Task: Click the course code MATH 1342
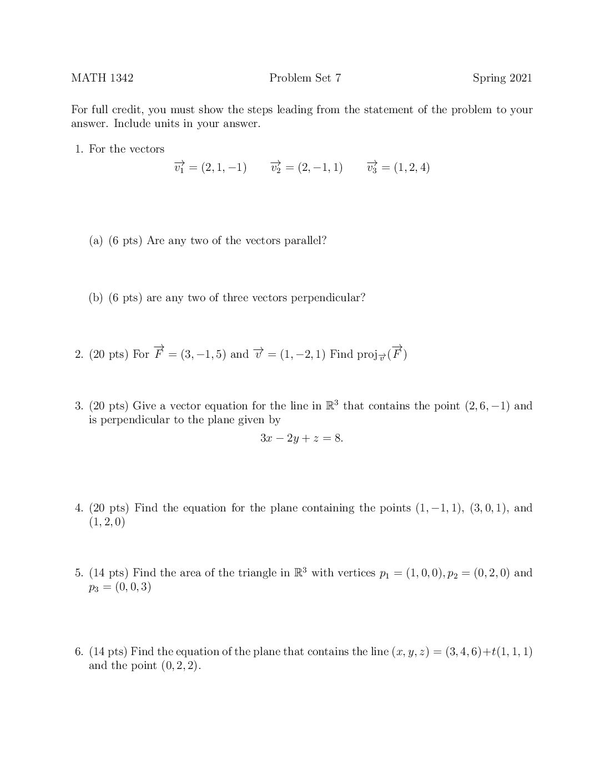point(102,78)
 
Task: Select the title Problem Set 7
point(305,78)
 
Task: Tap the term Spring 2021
point(502,78)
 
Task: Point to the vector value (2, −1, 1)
point(320,168)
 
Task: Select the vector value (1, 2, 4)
point(411,168)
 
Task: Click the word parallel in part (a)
point(305,241)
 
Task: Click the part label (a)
point(96,241)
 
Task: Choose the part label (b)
point(96,298)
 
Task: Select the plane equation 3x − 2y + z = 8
point(301,438)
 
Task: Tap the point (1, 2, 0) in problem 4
point(107,522)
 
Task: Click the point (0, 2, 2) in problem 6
point(180,666)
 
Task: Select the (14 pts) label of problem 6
point(108,652)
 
